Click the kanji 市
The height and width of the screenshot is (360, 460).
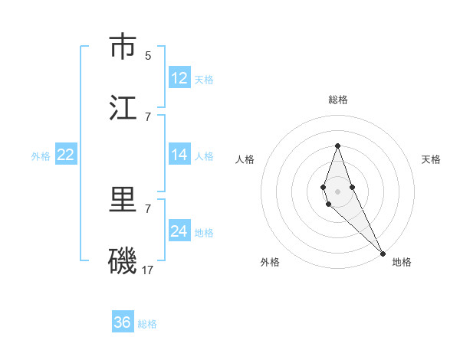tap(123, 47)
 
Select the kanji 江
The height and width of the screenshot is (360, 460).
tap(123, 108)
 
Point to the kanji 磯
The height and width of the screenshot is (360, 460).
tap(123, 261)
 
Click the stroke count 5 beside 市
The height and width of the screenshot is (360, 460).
tap(148, 55)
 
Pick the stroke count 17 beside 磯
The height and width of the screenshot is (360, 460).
tap(149, 270)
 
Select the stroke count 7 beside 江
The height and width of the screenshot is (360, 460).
tap(148, 116)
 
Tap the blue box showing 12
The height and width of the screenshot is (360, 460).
tap(179, 78)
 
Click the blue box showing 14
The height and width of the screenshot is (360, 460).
tap(179, 155)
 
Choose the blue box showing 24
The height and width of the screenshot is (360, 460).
tap(179, 231)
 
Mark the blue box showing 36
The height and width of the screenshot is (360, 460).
tap(123, 322)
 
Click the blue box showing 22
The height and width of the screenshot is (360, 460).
tap(66, 155)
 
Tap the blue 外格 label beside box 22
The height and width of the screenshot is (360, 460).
tap(41, 156)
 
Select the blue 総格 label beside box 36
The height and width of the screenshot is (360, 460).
tap(147, 324)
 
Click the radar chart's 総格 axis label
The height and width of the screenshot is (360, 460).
tap(338, 100)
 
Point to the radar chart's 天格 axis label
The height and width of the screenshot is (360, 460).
tap(432, 159)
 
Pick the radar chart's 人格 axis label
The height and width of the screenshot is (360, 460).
tap(245, 159)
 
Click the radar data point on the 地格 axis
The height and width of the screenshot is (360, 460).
tap(383, 253)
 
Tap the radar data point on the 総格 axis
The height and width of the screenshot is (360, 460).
tap(338, 146)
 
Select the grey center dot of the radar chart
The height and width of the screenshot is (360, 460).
tap(338, 191)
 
